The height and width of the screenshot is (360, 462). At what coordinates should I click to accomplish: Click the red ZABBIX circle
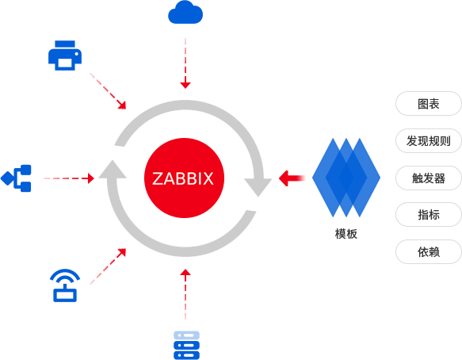point(184,178)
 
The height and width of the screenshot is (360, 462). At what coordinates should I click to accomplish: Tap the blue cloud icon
point(185,13)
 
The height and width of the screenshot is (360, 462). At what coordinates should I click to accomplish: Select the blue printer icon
point(65,56)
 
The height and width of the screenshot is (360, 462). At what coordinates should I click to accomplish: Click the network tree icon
point(16,178)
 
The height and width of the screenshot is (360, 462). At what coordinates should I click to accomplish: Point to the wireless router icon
point(65,285)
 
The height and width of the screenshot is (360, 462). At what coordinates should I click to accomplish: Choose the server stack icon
point(186,345)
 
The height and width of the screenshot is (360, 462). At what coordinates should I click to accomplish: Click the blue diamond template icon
point(346,178)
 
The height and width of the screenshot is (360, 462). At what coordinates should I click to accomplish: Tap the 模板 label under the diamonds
point(346,234)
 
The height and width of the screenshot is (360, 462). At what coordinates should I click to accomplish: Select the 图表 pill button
point(429,104)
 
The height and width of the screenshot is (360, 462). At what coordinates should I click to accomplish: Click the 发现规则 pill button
point(429,140)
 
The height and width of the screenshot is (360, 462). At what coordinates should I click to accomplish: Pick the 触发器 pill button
point(429,178)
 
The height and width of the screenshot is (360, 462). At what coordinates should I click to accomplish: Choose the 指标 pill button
point(429,214)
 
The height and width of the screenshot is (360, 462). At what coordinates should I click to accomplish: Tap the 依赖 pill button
point(429,251)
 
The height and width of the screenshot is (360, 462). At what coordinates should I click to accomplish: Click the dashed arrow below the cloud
point(185,63)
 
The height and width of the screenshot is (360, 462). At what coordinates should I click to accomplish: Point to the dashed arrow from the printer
point(108,91)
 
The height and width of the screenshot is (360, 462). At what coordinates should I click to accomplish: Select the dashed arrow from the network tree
point(69,178)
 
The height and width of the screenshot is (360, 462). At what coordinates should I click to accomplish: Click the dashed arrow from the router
point(108,266)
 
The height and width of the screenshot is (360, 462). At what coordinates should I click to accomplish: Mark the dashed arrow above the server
point(185,294)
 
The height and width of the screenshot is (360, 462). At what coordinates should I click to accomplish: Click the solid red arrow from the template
point(292,178)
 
